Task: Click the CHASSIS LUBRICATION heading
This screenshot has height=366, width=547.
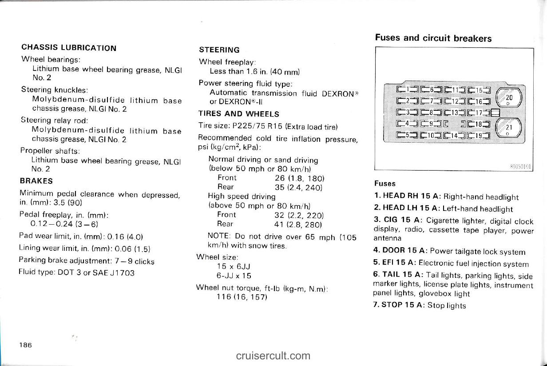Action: point(69,48)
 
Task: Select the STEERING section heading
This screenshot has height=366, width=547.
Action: point(219,50)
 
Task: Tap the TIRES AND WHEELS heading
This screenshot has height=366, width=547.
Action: point(239,114)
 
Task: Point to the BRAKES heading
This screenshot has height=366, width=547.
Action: point(36,181)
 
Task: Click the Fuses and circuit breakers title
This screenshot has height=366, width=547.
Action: point(433,38)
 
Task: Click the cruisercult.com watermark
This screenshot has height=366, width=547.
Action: point(273,355)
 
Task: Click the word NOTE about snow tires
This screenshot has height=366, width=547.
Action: point(218,236)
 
